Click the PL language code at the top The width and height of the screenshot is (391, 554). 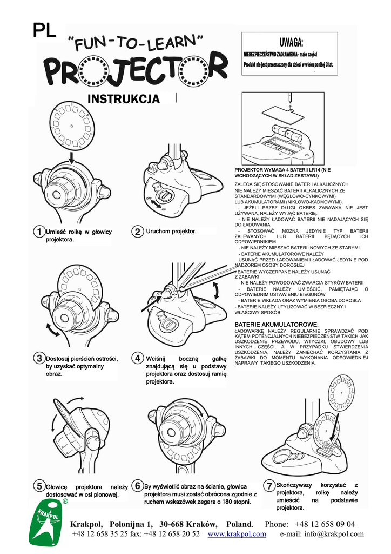44,31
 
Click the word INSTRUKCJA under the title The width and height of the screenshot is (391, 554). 123,100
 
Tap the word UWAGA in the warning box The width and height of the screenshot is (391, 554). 291,43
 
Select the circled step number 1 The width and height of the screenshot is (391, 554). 38,232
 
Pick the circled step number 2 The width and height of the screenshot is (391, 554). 138,232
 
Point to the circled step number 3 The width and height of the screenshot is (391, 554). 39,358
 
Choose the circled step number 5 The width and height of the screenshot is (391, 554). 39,486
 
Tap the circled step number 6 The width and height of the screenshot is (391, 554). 138,486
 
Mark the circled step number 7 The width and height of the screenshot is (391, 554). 269,486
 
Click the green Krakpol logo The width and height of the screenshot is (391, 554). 48,522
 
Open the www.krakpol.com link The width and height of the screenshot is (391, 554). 237,534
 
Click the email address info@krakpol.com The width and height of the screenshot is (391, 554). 322,534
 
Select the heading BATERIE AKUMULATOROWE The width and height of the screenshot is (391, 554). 277,324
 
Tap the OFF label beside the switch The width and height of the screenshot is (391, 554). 148,199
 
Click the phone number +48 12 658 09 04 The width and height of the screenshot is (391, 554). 325,524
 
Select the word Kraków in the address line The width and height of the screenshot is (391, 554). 202,524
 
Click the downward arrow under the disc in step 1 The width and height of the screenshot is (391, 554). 72,157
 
